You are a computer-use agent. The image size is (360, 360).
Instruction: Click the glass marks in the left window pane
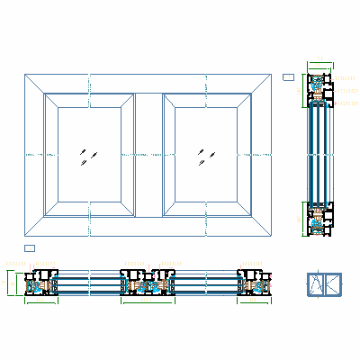tap(86, 157)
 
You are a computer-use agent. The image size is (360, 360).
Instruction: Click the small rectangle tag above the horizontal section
tap(29, 247)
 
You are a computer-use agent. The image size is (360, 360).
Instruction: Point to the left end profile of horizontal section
tap(41, 283)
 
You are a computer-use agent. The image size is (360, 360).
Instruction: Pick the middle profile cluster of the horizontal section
tap(148, 283)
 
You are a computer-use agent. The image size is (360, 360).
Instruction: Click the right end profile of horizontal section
tap(255, 283)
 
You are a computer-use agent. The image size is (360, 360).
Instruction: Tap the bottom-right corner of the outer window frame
tap(273, 236)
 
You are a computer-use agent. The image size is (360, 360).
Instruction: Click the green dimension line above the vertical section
tap(320, 64)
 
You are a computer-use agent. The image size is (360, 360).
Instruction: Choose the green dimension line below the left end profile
tap(41, 301)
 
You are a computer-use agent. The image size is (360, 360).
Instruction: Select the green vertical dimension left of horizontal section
tap(8, 282)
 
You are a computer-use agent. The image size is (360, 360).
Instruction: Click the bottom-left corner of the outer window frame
tap(25, 236)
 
